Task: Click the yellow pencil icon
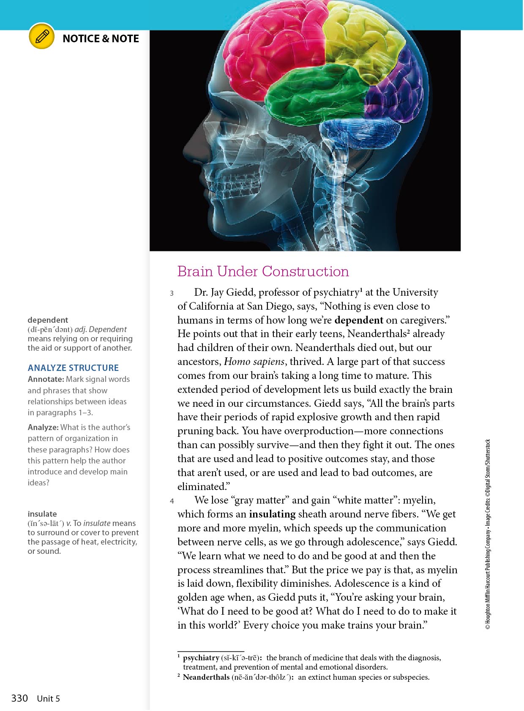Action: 42,37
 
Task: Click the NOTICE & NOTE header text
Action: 101,39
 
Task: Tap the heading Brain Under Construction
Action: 263,271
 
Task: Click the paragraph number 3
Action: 172,293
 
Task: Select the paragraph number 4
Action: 172,501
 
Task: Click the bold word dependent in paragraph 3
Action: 358,320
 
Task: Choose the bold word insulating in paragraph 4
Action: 272,514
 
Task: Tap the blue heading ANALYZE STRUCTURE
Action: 73,368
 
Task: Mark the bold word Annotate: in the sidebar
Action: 46,379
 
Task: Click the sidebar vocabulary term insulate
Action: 42,514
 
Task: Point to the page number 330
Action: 19,698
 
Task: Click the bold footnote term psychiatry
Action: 201,658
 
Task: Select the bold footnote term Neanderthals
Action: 206,677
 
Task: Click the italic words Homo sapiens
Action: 254,362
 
